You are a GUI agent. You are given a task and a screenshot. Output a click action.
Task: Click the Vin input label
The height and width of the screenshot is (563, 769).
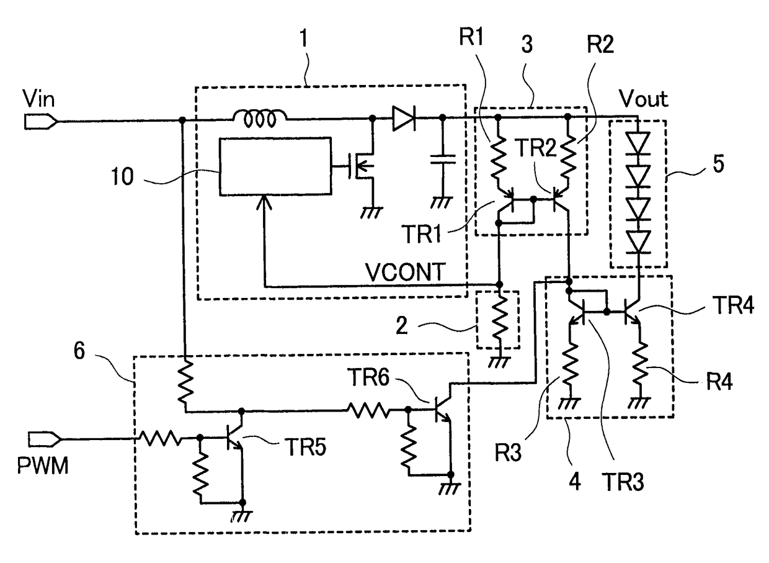pos(38,99)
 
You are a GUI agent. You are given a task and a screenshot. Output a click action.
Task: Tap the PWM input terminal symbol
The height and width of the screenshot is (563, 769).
pos(45,439)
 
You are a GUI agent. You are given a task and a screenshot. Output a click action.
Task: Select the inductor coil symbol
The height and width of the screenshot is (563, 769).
pos(260,119)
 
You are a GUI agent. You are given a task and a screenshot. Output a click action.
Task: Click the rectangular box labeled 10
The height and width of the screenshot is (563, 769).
pos(275,166)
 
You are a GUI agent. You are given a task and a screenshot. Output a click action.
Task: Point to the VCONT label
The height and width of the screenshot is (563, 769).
pos(406,272)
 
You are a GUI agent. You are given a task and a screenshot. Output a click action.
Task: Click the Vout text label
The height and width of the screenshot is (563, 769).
pos(644,99)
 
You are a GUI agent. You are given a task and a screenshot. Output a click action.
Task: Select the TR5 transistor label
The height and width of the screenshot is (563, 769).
pos(306,447)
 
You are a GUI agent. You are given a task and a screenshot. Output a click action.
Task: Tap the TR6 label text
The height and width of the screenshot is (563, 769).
pos(368,376)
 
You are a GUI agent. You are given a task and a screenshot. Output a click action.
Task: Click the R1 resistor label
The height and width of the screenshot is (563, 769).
pos(471,37)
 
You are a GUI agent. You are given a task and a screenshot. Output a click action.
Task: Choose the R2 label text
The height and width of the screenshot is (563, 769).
pos(600,44)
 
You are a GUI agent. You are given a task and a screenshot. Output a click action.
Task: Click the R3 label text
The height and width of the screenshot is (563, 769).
pos(508,453)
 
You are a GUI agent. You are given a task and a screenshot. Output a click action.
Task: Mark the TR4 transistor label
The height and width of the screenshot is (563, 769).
pos(733,305)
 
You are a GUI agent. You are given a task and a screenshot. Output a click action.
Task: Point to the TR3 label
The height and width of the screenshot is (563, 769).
pos(623,482)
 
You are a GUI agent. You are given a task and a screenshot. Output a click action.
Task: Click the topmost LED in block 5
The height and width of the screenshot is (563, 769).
pos(638,143)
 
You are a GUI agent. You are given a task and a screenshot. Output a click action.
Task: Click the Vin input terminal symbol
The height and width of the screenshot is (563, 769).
pos(40,122)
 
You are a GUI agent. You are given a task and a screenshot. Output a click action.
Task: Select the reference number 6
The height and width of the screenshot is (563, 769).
pos(79,351)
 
